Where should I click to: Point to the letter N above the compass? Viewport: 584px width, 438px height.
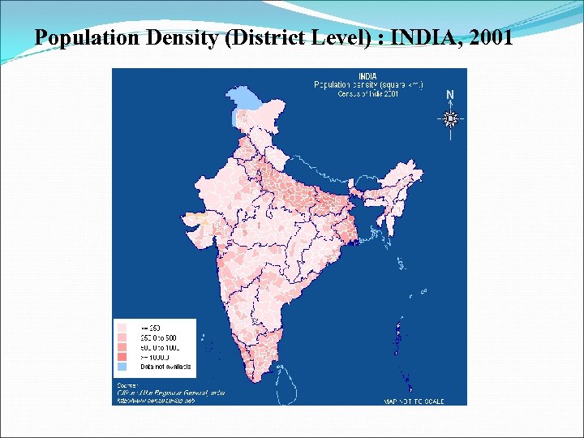[x=450, y=95]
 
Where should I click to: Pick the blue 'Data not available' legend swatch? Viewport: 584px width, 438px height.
[x=122, y=367]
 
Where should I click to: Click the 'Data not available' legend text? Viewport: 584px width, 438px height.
[x=165, y=367]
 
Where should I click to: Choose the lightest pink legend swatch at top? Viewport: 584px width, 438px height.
[x=122, y=327]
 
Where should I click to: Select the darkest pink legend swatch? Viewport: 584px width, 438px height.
[x=122, y=357]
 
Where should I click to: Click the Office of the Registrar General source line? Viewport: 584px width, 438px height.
[x=170, y=393]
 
